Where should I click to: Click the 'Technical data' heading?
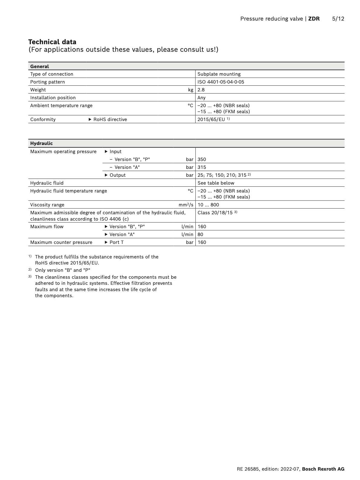(x=52, y=42)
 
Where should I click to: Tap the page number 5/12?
(x=338, y=19)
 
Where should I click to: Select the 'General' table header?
(x=39, y=66)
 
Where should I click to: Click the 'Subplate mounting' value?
(x=219, y=74)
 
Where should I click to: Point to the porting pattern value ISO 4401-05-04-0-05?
(x=221, y=82)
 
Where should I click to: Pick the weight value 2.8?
(x=201, y=90)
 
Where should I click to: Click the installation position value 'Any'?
(x=201, y=98)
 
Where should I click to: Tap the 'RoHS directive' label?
(x=110, y=120)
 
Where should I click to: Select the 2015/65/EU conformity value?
(x=211, y=120)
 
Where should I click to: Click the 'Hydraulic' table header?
(x=41, y=143)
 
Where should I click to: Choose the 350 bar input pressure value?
(x=201, y=159)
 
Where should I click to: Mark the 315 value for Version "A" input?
(x=201, y=167)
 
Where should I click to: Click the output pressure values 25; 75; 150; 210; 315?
(x=222, y=175)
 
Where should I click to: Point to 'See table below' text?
(x=216, y=183)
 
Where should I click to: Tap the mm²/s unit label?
(x=186, y=205)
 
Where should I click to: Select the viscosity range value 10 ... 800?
(x=208, y=205)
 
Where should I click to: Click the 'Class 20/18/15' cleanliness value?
(x=215, y=213)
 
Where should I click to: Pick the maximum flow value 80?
(x=200, y=235)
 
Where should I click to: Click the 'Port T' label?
(x=116, y=242)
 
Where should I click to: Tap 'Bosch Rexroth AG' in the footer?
(x=323, y=469)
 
